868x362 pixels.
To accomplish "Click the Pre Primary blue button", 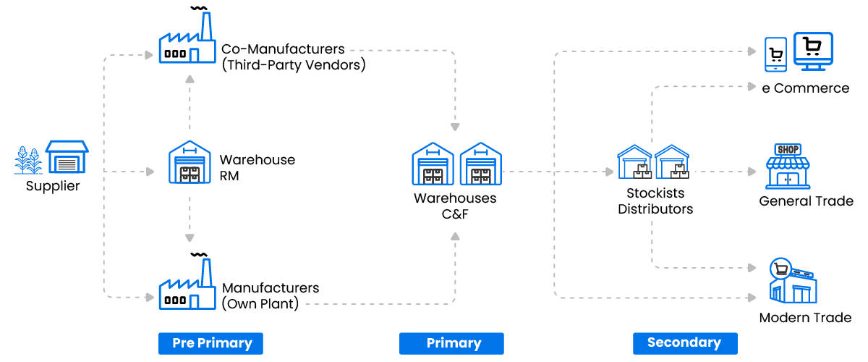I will [210, 343].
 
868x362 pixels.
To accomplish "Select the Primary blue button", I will [451, 343].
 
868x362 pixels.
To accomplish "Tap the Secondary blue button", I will [684, 343].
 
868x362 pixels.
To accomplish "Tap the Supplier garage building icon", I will [67, 157].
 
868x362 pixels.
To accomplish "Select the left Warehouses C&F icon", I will [433, 164].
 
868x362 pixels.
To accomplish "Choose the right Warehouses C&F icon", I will [480, 164].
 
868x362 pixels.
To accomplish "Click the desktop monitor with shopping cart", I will [813, 51].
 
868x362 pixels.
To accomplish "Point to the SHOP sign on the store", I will [788, 149].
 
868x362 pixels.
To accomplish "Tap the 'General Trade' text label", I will [806, 201].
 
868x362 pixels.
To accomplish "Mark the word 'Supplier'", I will [53, 186].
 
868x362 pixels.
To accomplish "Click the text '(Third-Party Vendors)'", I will [294, 65].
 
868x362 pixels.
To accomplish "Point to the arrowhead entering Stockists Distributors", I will [608, 172].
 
